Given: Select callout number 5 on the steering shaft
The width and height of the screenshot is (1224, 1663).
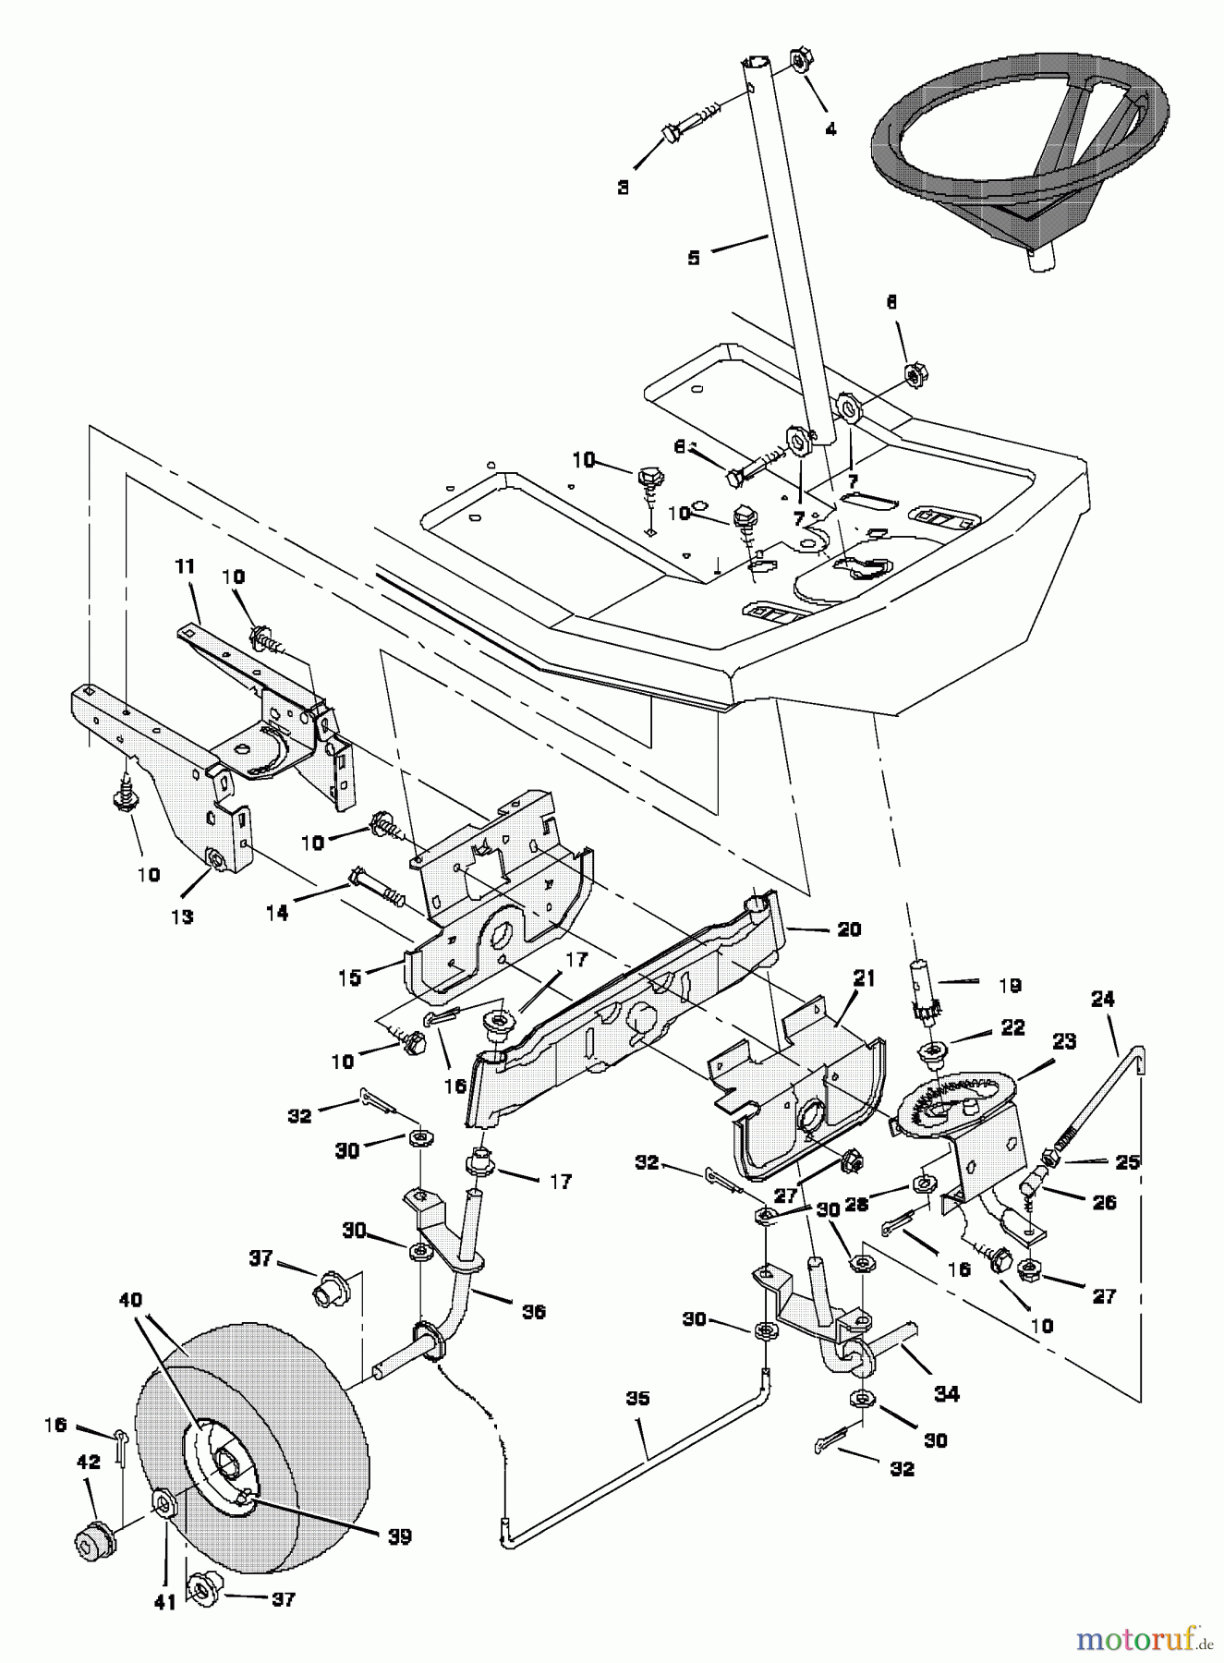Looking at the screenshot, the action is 694,258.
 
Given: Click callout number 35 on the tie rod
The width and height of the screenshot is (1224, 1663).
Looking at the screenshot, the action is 637,1399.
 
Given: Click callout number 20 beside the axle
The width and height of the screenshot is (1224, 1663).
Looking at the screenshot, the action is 848,929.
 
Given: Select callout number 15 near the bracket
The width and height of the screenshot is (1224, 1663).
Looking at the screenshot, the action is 349,977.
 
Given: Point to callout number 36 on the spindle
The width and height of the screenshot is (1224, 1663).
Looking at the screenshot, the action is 533,1311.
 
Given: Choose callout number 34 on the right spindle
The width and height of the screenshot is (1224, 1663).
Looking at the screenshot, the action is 947,1394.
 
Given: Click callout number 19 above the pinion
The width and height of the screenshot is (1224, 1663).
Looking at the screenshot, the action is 1010,986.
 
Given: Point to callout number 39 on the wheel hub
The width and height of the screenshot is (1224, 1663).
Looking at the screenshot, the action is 398,1536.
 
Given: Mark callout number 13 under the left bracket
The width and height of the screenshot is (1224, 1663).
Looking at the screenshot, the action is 182,916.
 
